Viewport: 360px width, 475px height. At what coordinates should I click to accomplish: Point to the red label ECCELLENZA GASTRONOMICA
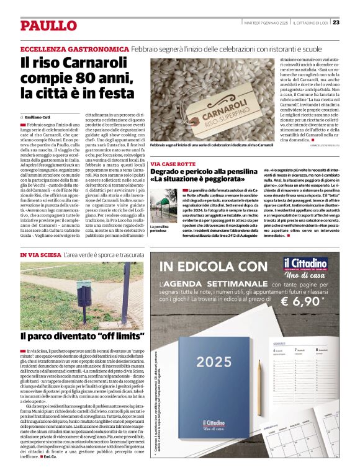click(74, 48)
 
